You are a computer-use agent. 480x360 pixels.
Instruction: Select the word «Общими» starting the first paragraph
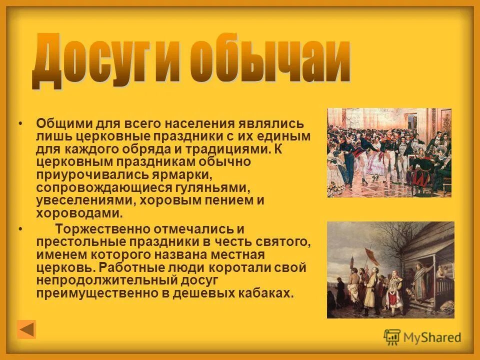[x=58, y=123]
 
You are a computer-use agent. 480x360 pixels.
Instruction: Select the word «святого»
[x=284, y=242]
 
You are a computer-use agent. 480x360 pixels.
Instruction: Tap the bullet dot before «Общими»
[x=20, y=123]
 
